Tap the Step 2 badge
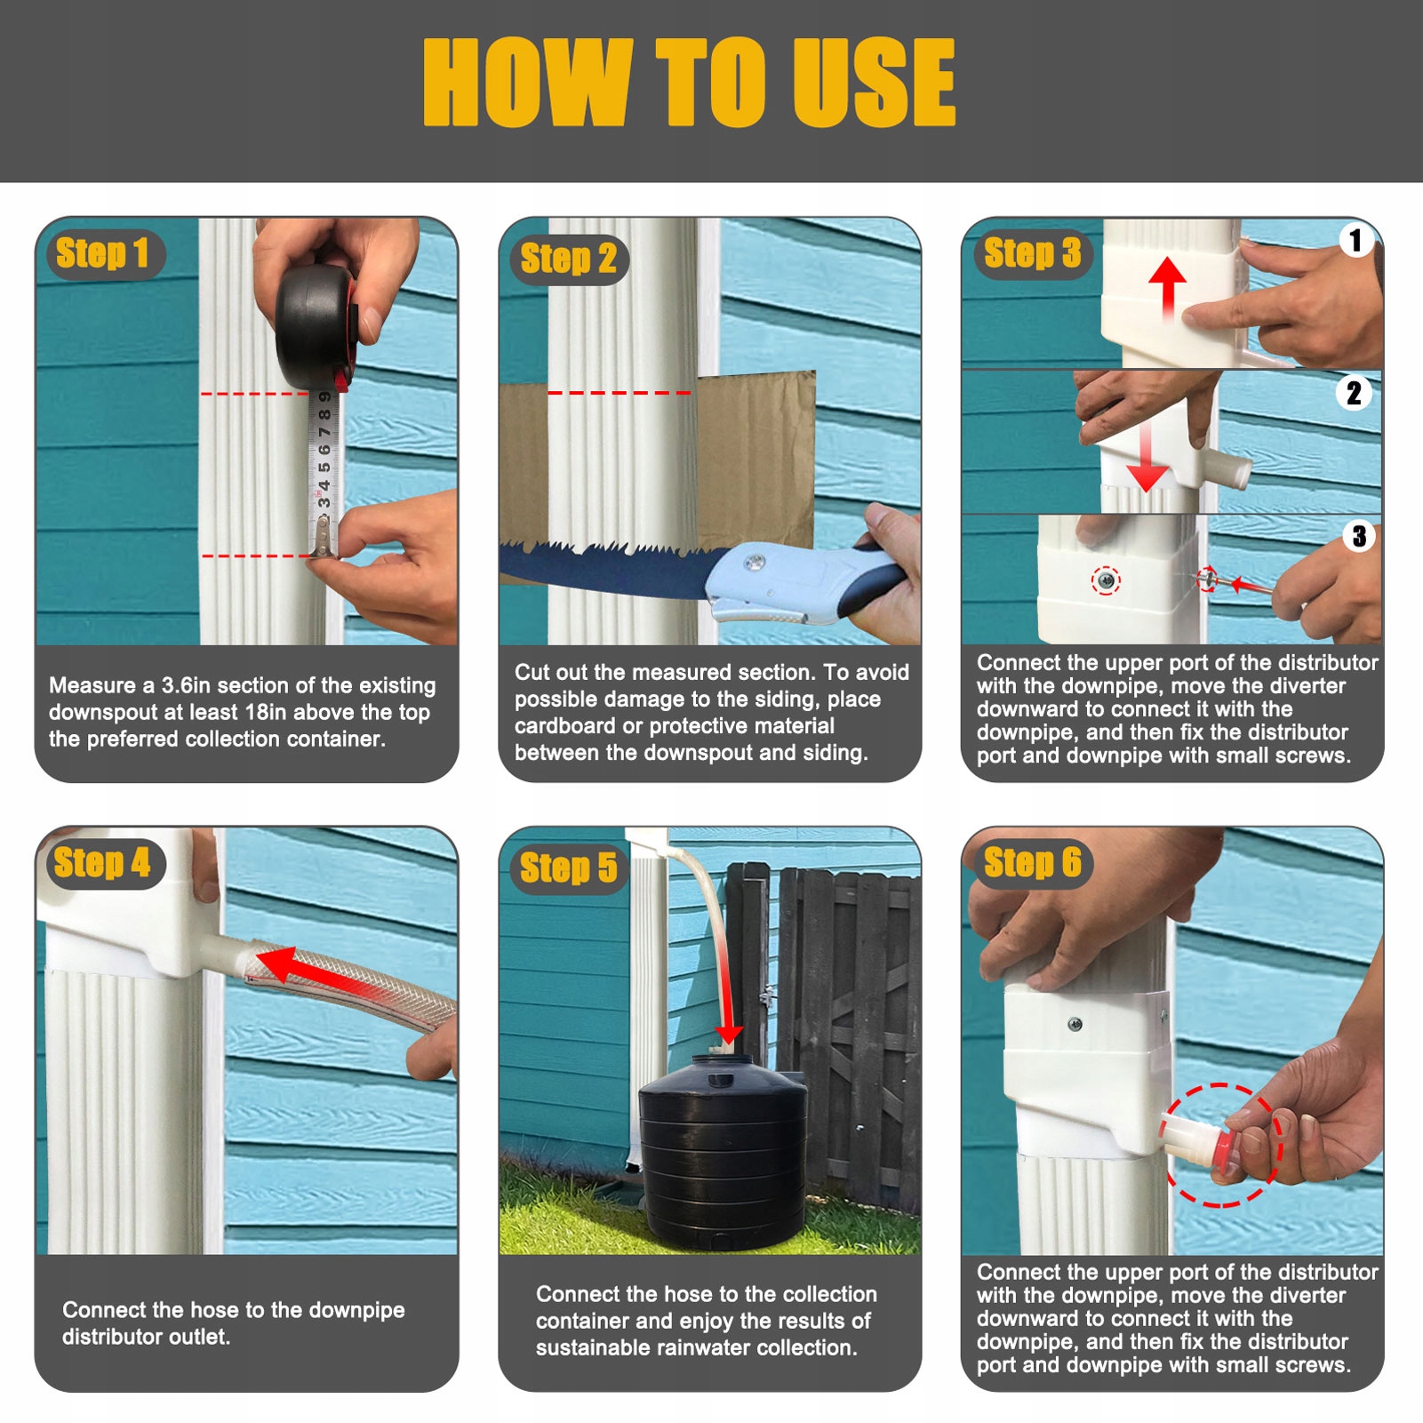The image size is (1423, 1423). click(569, 260)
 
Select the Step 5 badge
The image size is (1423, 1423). click(569, 868)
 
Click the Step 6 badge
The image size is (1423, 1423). click(1033, 863)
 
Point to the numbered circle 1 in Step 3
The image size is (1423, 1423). click(1355, 240)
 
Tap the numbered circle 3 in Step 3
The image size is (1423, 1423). click(1359, 536)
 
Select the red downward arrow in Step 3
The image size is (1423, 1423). click(1147, 455)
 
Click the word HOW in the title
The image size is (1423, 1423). click(528, 83)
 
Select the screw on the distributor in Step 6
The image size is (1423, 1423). click(1075, 1024)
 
